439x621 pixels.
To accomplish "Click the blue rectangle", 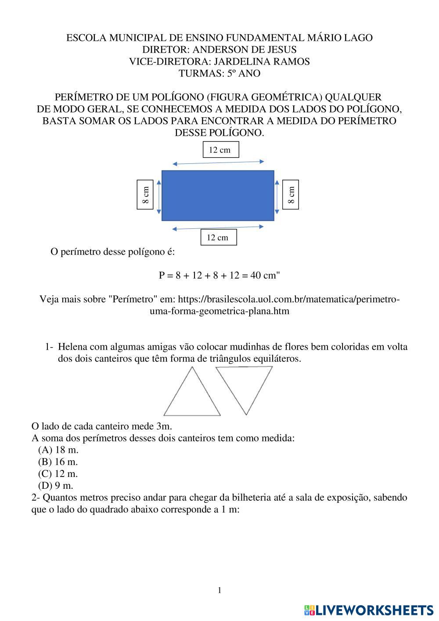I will [x=218, y=195].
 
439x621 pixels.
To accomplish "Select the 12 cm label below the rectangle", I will [x=218, y=238].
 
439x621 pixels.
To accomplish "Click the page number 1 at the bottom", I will [x=219, y=590].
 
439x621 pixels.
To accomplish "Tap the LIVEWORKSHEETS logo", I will [x=369, y=610].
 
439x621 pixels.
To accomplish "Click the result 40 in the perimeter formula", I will [x=256, y=275].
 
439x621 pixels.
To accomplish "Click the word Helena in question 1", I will [x=72, y=347].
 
